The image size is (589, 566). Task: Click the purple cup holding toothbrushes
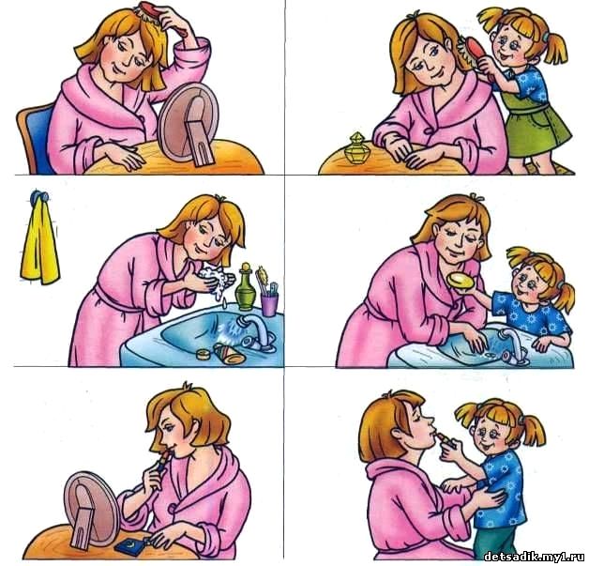(269, 305)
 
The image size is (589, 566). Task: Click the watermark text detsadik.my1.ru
(535, 556)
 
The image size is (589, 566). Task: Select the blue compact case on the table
(131, 545)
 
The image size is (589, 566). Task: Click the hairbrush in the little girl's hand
(474, 51)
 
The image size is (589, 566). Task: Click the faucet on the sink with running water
(256, 332)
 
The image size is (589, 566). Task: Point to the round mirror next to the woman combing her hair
(189, 123)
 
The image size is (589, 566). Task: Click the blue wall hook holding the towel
(39, 196)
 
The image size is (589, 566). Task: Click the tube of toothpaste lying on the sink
(229, 353)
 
